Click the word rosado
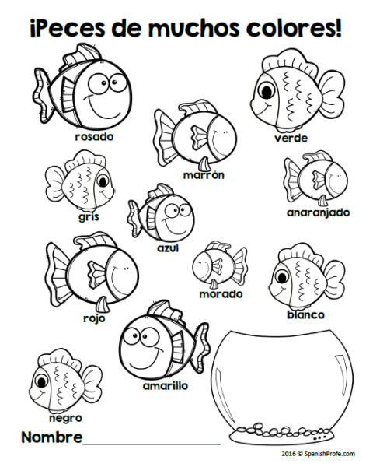[x=94, y=137]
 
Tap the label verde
[x=291, y=138]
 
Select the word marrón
[x=204, y=175]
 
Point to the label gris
[x=89, y=217]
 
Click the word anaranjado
[x=318, y=212]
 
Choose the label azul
[x=168, y=248]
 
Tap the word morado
[x=221, y=294]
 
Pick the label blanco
[x=305, y=314]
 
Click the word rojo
[x=94, y=318]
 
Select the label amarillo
[x=166, y=386]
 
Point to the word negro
[x=65, y=418]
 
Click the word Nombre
[x=52, y=437]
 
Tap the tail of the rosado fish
[x=42, y=95]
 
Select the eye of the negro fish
[x=41, y=381]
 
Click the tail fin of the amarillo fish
[x=202, y=346]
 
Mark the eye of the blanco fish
[x=281, y=277]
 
